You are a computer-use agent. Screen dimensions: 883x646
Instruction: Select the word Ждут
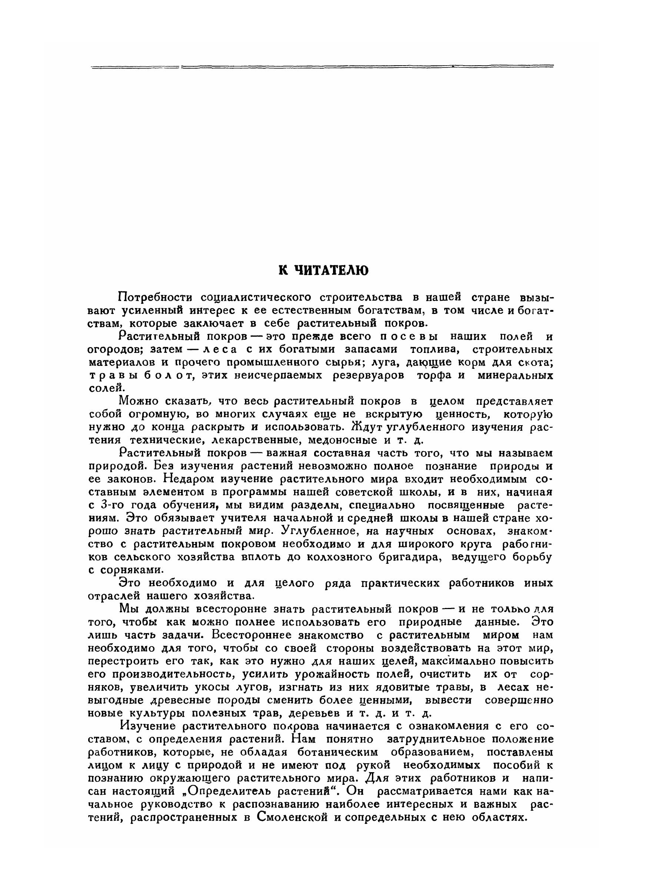pyautogui.click(x=368, y=426)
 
